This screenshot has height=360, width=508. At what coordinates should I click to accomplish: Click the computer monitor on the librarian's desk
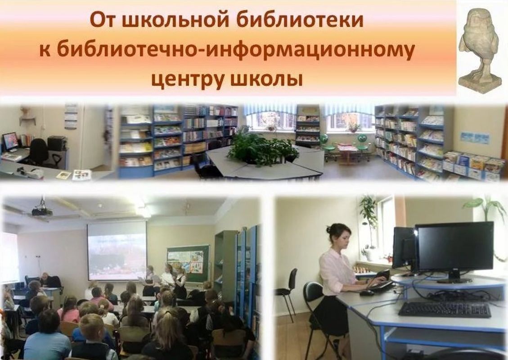point(10,141)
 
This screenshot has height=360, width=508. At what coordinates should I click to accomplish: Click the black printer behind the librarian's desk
point(57,143)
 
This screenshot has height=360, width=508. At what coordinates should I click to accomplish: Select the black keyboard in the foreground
point(445,310)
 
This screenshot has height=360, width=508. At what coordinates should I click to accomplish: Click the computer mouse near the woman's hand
point(367,293)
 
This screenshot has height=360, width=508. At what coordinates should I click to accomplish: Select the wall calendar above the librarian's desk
point(71,117)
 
